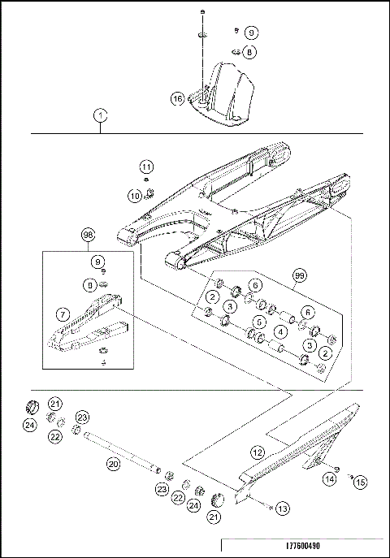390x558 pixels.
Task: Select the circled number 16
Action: click(177, 99)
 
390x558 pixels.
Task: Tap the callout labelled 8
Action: click(250, 52)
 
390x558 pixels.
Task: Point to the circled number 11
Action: click(146, 167)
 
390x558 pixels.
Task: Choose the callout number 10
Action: click(136, 195)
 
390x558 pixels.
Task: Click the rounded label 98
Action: click(89, 236)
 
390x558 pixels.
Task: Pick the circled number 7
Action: click(63, 313)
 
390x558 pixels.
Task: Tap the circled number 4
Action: click(279, 331)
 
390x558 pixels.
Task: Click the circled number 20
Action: click(114, 464)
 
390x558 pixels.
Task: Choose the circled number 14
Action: click(329, 479)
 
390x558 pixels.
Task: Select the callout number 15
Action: click(360, 482)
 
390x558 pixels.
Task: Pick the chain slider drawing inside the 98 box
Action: click(85, 329)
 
